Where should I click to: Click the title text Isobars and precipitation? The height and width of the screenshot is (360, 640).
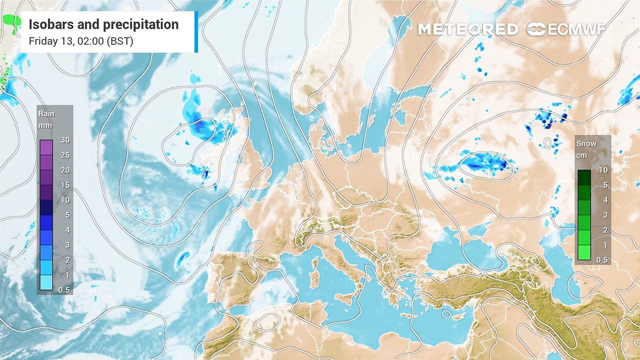[103, 24]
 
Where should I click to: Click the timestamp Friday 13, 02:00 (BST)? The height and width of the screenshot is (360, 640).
[81, 41]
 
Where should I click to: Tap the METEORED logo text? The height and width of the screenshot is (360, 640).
[467, 29]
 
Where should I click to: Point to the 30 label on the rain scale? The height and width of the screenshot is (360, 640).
[64, 140]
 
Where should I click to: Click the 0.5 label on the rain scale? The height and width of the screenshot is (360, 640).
[64, 290]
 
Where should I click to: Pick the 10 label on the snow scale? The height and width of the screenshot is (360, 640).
[603, 170]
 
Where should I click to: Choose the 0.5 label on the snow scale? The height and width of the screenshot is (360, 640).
[602, 260]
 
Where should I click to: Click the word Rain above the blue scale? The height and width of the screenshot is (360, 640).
[46, 114]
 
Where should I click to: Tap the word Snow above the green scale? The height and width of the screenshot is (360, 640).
[586, 143]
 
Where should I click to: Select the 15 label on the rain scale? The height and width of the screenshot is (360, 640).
[64, 185]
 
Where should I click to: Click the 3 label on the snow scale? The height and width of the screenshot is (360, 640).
[604, 215]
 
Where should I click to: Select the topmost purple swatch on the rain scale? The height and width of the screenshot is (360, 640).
[46, 147]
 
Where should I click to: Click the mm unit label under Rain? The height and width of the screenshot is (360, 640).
[45, 125]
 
